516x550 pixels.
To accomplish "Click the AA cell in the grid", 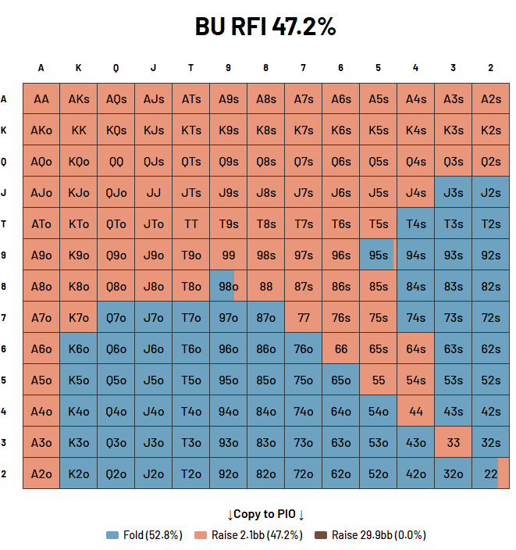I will point(41,99).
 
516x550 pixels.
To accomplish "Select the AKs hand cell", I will point(79,99).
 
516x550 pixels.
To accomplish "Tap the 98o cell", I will point(229,287).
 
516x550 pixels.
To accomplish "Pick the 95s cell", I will point(379,255).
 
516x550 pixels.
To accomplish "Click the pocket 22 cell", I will point(491,474).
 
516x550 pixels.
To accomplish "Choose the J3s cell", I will point(454,193).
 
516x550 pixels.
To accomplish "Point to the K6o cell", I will point(79,349).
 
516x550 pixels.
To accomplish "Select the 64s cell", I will point(416,349).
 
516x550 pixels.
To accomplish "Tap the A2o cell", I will point(41,474).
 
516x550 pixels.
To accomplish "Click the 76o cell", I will point(304,349).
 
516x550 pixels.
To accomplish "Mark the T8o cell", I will point(191,287).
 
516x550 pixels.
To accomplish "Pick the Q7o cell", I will point(116,318).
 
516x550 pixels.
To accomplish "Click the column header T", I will point(191,68).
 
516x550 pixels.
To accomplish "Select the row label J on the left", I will point(4,193).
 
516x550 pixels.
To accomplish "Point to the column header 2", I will point(491,68).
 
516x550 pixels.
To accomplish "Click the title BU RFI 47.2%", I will point(265,27).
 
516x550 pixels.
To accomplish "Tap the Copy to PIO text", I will point(265,514).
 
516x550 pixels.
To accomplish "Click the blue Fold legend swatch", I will point(112,535).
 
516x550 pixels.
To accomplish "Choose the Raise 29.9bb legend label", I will point(379,535).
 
